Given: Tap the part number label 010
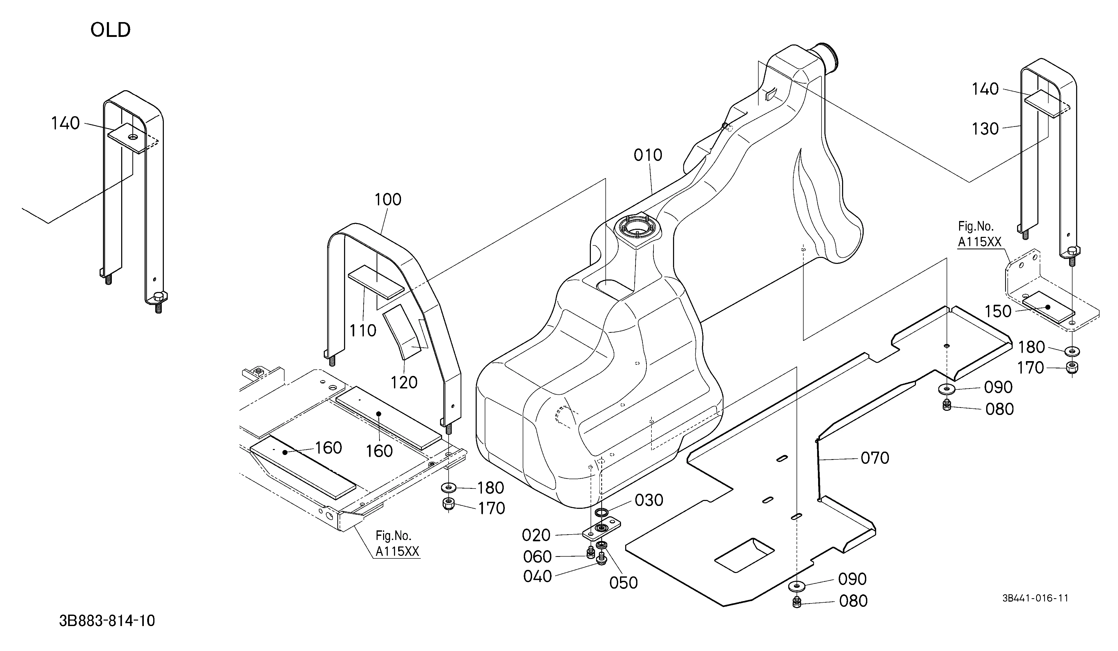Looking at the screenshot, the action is tap(648, 155).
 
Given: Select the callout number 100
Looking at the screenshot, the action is tap(388, 200).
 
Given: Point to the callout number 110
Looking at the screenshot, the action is tap(363, 330).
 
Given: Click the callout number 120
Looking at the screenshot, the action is tap(404, 382).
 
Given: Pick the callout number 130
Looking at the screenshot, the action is tap(985, 129).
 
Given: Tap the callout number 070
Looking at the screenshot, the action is tap(875, 458).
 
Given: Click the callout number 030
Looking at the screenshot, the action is tap(649, 500).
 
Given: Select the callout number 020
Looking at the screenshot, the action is tap(536, 535).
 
